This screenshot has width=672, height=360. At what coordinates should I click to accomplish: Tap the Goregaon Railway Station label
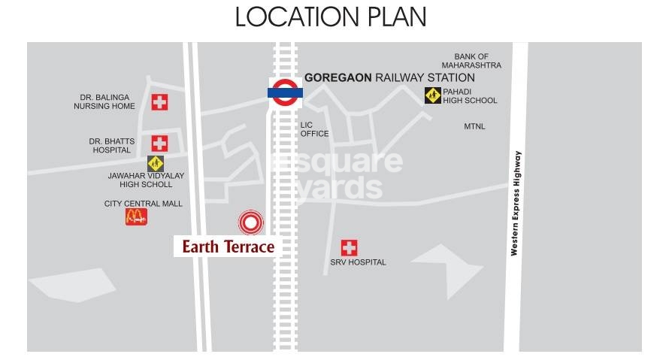pos(389,77)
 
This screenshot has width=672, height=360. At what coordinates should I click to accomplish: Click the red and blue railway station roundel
pos(286,92)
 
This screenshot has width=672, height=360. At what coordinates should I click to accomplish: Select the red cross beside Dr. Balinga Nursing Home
pos(159,102)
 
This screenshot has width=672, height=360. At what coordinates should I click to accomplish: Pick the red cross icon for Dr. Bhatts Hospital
pos(159,143)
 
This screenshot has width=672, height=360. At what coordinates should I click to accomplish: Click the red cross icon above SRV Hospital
pos(349,247)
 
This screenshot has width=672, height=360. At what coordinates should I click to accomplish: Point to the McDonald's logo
pos(136,217)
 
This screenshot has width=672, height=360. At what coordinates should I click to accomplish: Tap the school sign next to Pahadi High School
pos(432,95)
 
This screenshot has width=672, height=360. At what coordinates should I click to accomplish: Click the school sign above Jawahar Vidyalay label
pos(156,163)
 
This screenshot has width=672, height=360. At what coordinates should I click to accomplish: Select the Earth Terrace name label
pos(228,246)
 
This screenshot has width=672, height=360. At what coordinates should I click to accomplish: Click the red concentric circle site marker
pos(251,222)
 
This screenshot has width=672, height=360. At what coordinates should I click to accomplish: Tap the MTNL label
pos(474,126)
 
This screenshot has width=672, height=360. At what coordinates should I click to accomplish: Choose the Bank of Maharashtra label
pos(471,61)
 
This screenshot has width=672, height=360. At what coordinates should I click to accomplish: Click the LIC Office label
pos(314,129)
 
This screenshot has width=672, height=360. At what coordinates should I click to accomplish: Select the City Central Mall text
pos(143,204)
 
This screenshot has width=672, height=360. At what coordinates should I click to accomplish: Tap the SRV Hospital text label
pos(358,262)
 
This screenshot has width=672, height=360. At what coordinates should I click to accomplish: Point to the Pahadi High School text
pos(470,95)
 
